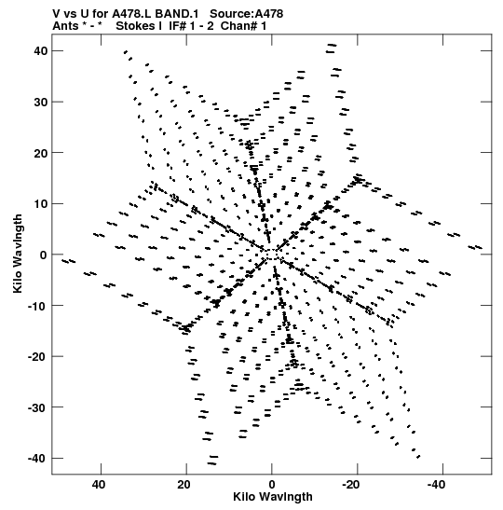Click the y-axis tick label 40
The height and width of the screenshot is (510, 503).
[40, 51]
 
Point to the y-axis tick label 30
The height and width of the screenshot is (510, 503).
[40, 102]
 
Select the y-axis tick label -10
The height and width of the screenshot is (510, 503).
[37, 306]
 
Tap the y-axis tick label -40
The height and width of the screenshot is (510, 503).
[37, 459]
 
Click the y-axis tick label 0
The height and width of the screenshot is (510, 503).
[43, 255]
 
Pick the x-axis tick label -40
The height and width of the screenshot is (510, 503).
[436, 485]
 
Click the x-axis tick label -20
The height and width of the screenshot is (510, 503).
[350, 485]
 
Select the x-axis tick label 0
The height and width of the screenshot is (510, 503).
[272, 485]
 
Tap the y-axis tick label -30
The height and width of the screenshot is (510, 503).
[37, 407]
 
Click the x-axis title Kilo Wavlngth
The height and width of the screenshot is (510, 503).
[273, 497]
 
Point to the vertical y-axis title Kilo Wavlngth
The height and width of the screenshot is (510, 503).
[18, 254]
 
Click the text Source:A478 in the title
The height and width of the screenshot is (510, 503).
[246, 14]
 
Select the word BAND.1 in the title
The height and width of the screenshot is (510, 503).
[176, 14]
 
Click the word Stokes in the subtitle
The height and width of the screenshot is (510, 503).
[136, 26]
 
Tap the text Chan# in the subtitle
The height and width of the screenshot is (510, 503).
[238, 26]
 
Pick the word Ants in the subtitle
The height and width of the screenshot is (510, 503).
[65, 26]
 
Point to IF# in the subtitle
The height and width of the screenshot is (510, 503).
[178, 26]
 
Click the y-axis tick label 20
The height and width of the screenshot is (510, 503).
[40, 153]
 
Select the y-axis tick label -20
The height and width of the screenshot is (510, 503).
[37, 357]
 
